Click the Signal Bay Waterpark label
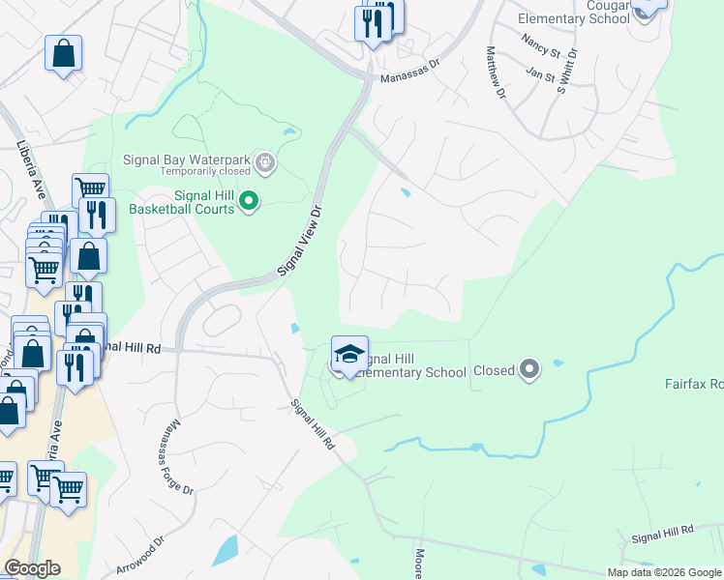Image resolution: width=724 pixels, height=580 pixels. (186, 159)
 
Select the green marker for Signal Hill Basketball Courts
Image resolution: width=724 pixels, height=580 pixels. (249, 201)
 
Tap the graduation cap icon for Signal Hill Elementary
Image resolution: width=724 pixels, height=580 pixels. (349, 354)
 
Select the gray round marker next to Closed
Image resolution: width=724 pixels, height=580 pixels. (528, 369)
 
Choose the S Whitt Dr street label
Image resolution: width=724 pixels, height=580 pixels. (566, 70)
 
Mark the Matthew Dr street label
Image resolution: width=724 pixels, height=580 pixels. (496, 72)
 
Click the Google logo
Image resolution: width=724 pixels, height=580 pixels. (32, 568)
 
